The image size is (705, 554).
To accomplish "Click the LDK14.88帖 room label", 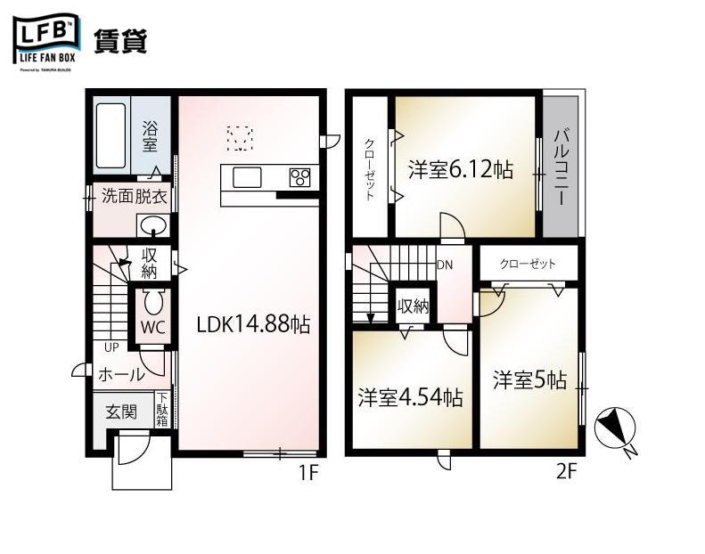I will (x=253, y=325).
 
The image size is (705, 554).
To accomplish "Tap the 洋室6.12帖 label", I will (x=461, y=169).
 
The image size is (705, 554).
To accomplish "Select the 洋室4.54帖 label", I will (x=410, y=397).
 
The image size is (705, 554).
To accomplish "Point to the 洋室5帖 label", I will (x=529, y=380).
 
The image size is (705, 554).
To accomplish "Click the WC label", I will (x=152, y=327).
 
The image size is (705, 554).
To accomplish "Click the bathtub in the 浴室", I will (x=111, y=135).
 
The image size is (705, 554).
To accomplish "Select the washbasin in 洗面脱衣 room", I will (x=153, y=224).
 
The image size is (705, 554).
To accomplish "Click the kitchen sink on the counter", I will (x=247, y=177).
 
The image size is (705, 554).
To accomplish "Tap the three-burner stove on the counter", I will (x=300, y=177).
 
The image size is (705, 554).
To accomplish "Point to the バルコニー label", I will (x=562, y=167).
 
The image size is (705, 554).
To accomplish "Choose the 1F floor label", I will (x=307, y=473).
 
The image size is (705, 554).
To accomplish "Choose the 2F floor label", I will (x=566, y=473).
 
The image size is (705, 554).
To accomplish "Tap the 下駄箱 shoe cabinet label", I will (x=162, y=410).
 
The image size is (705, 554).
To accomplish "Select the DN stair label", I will (x=445, y=265).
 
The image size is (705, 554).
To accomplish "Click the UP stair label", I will (x=111, y=347).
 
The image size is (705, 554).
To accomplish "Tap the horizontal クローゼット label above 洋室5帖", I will (x=528, y=264).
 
